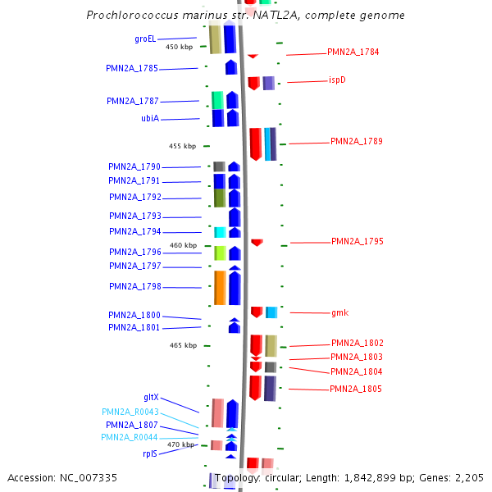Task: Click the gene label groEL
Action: [x=145, y=39]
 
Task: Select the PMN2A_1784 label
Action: [x=353, y=52]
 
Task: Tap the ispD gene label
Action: [x=337, y=80]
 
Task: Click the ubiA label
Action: [x=150, y=119]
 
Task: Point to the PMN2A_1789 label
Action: [x=356, y=142]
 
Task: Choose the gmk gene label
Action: [x=340, y=313]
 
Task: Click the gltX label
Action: [x=151, y=397]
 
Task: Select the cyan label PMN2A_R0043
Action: [x=130, y=412]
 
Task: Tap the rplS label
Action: [x=150, y=453]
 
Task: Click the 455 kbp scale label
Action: [x=182, y=146]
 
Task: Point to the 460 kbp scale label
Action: [x=183, y=245]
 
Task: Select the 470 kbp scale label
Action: [x=180, y=444]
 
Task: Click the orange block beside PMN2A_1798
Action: [x=220, y=288]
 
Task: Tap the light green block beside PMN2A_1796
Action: [x=220, y=253]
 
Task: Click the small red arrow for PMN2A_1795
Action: [x=257, y=242]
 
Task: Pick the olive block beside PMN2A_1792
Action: [x=219, y=198]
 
